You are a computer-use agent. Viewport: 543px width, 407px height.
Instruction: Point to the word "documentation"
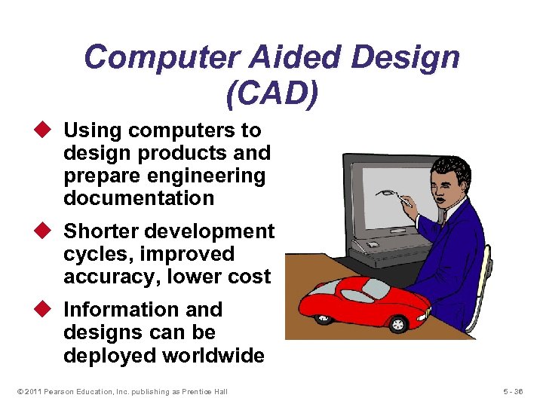[139, 198]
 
